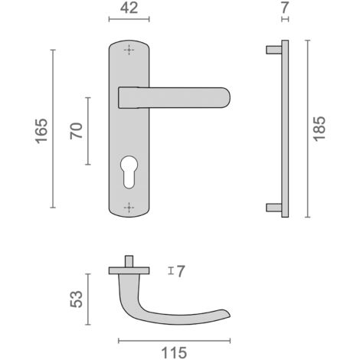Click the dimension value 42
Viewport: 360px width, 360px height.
(x=129, y=8)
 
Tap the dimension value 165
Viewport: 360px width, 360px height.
(x=41, y=131)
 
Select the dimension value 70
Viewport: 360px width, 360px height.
(x=77, y=131)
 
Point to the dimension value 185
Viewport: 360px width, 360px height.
(x=319, y=129)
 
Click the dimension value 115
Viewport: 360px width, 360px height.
(x=174, y=353)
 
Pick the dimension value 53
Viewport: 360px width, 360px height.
(x=77, y=299)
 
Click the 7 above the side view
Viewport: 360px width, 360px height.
(x=285, y=8)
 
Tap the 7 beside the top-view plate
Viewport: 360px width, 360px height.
(x=181, y=271)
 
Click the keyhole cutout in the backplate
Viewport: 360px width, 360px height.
(x=129, y=172)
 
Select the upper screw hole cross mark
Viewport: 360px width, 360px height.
(x=129, y=50)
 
